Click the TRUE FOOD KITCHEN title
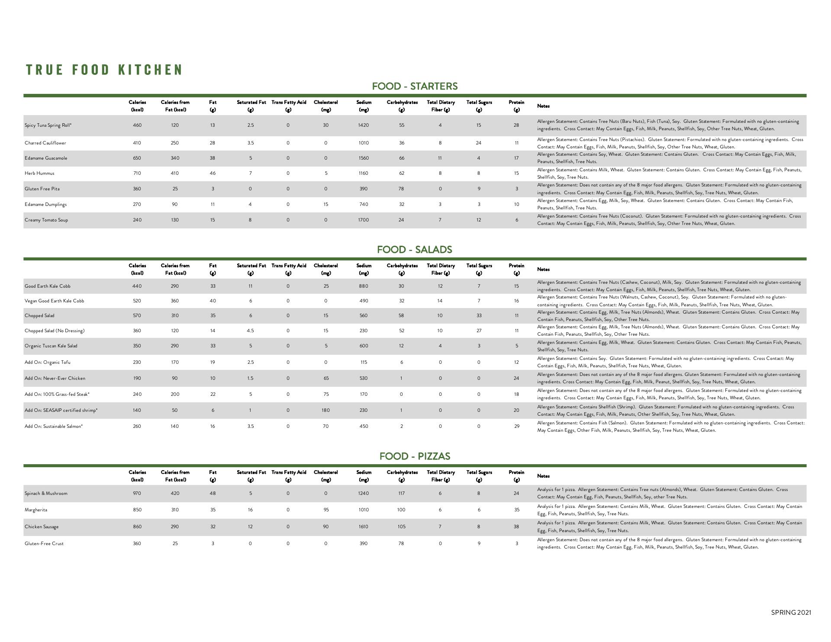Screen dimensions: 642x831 [104, 70]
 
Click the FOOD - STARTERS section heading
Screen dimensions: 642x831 [415, 86]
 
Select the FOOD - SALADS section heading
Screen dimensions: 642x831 [415, 250]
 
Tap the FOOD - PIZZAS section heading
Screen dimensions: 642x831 [415, 456]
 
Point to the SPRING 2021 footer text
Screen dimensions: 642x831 [791, 612]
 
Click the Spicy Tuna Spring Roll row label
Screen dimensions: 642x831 [48, 125]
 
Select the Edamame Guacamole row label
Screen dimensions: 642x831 [46, 158]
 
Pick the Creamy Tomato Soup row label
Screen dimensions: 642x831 [46, 220]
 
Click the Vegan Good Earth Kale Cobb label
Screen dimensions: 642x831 [54, 301]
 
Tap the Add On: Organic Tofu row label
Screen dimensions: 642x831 [47, 363]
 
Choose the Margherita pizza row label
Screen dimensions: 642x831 [36, 510]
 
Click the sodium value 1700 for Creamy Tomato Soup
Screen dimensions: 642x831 [364, 220]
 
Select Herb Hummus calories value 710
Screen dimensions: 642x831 [137, 173]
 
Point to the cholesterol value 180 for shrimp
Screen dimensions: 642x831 [325, 411]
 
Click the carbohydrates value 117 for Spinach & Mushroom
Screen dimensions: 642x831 [401, 494]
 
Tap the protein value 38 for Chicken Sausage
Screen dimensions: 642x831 [516, 527]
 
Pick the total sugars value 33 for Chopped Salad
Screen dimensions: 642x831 [479, 316]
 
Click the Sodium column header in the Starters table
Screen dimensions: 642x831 [364, 106]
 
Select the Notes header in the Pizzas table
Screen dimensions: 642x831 [543, 476]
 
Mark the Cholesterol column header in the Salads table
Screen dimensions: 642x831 [325, 269]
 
